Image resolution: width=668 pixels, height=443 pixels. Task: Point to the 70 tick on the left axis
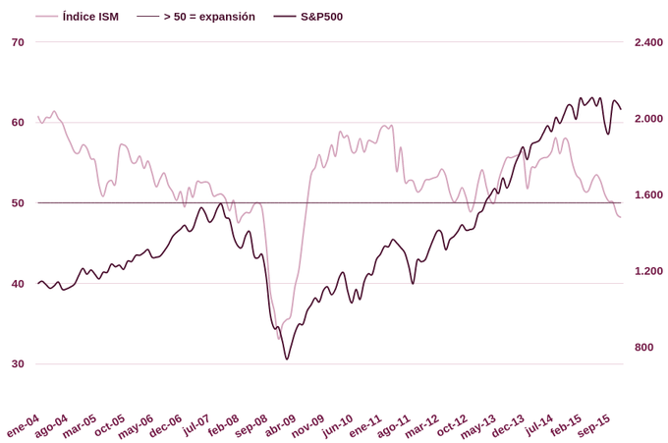point(18,42)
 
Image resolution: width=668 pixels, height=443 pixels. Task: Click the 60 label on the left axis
point(18,123)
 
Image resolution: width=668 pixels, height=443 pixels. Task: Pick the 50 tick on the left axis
point(18,203)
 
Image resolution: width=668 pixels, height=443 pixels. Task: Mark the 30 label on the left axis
point(18,364)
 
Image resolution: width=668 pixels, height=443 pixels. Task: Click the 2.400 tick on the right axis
point(648,42)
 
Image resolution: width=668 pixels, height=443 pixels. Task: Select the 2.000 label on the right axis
point(648,119)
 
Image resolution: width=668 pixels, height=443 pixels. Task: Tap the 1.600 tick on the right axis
point(648,194)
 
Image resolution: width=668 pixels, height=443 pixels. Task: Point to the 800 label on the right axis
point(644,347)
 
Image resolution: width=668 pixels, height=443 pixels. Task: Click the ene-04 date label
point(24,425)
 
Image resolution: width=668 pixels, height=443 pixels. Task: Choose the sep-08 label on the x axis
point(251,425)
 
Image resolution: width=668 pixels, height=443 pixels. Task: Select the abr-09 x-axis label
point(280,425)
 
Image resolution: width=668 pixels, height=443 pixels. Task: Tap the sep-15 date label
point(593,425)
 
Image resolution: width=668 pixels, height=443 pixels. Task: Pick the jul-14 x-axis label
point(538,424)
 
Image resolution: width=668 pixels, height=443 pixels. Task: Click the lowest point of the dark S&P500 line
point(287,360)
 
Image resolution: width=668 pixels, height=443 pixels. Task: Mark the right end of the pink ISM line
point(621,217)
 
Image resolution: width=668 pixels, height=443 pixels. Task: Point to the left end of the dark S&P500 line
point(38,284)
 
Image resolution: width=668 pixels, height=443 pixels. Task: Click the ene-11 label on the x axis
point(365,425)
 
